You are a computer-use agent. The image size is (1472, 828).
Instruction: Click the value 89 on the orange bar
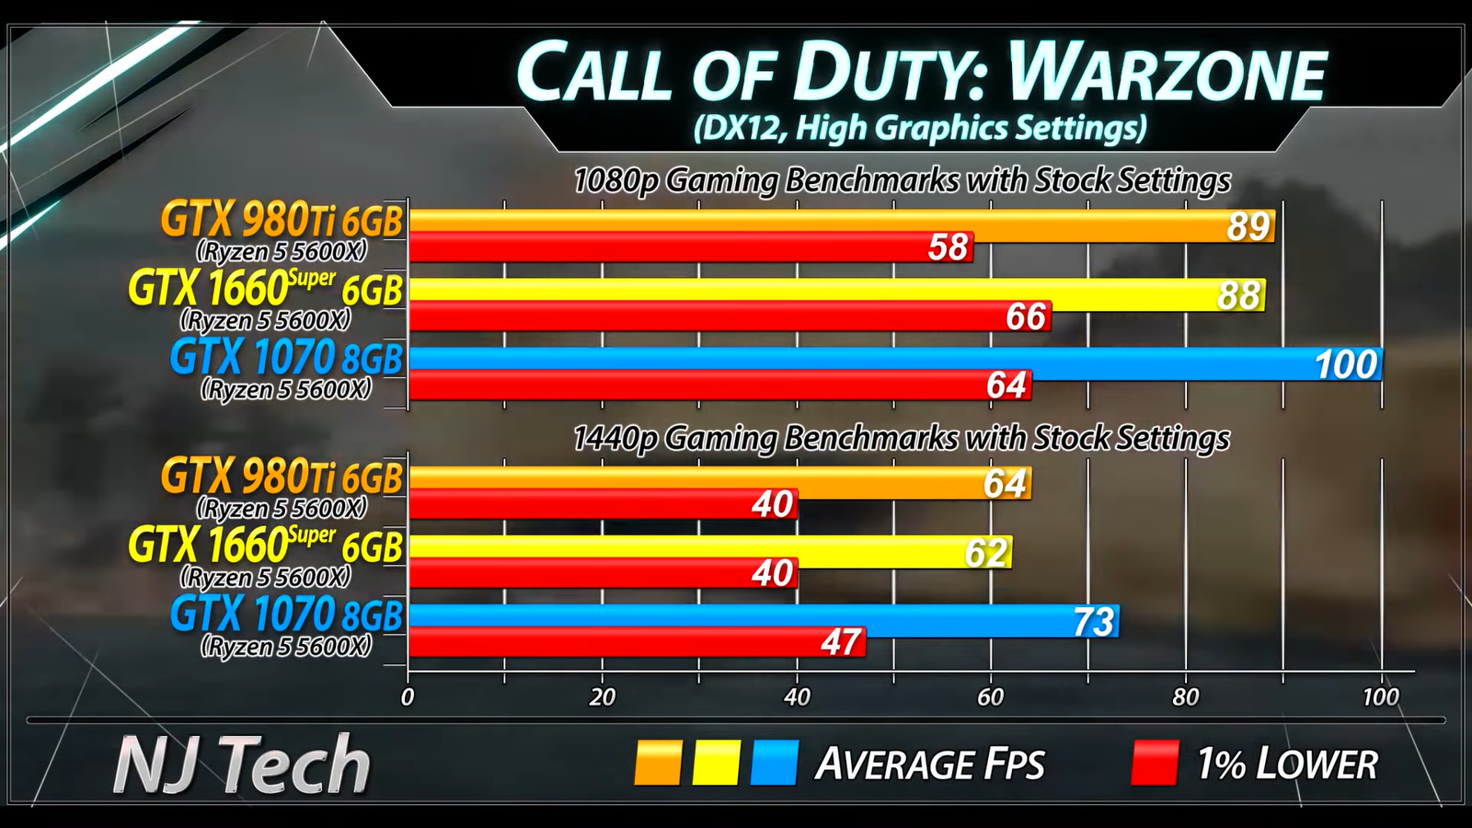1248,226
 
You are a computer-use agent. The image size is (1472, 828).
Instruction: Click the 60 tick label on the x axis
991,697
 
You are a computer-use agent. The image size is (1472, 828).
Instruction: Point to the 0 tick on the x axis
408,697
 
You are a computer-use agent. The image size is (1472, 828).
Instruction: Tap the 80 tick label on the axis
1185,697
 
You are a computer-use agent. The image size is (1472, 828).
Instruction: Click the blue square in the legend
774,763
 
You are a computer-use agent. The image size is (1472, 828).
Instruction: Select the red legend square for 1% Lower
1155,763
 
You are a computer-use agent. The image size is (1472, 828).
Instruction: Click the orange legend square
658,763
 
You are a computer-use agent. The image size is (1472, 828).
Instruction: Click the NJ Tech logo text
241,765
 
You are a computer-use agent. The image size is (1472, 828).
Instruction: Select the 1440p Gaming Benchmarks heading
901,438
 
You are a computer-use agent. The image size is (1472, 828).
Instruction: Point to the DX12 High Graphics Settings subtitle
919,128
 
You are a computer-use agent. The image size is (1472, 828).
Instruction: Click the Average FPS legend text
930,765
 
